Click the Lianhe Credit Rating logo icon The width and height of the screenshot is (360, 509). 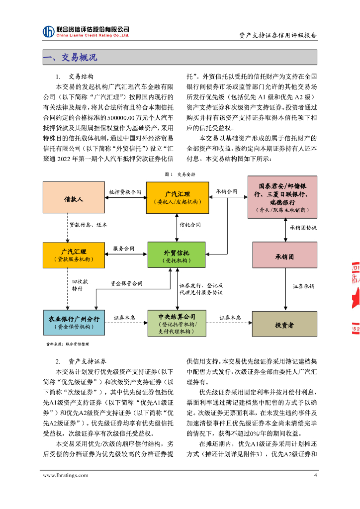(49, 31)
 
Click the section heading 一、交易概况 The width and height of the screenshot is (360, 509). (70, 58)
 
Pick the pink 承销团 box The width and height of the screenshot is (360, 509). (284, 257)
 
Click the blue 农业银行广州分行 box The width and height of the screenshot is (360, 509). (74, 322)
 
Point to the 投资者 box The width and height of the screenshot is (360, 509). (284, 325)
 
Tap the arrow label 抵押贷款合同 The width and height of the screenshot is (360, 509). (125, 192)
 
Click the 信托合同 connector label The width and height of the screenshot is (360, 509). (190, 225)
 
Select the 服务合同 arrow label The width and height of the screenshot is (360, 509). (124, 248)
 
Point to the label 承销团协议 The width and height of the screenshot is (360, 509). (303, 227)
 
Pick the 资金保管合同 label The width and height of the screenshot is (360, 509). (126, 284)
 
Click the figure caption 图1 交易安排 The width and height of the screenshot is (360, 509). (180, 174)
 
